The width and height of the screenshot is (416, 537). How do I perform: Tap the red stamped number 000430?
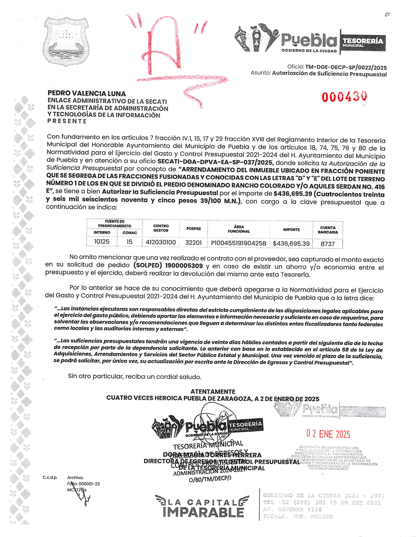[344, 97]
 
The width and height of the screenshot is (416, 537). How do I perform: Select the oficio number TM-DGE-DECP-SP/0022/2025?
[346, 68]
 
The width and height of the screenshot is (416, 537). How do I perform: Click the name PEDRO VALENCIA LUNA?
[87, 93]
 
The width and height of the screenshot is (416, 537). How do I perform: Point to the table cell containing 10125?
[102, 242]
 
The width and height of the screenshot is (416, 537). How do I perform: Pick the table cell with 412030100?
[161, 242]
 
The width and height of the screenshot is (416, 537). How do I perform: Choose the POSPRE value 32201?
[193, 243]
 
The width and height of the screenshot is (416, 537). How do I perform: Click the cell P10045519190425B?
[239, 243]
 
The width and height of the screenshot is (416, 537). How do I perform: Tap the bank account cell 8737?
[327, 244]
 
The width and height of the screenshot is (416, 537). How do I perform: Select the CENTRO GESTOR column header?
[161, 228]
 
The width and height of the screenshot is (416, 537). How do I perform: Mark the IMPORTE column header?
[291, 230]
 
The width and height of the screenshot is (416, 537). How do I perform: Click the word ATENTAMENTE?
[213, 391]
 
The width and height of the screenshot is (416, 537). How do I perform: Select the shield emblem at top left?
[66, 42]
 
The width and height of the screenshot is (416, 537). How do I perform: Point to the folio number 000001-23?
[89, 484]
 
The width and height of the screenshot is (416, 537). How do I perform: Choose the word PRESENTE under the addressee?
[67, 121]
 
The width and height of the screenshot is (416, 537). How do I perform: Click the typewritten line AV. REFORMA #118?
[292, 509]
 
